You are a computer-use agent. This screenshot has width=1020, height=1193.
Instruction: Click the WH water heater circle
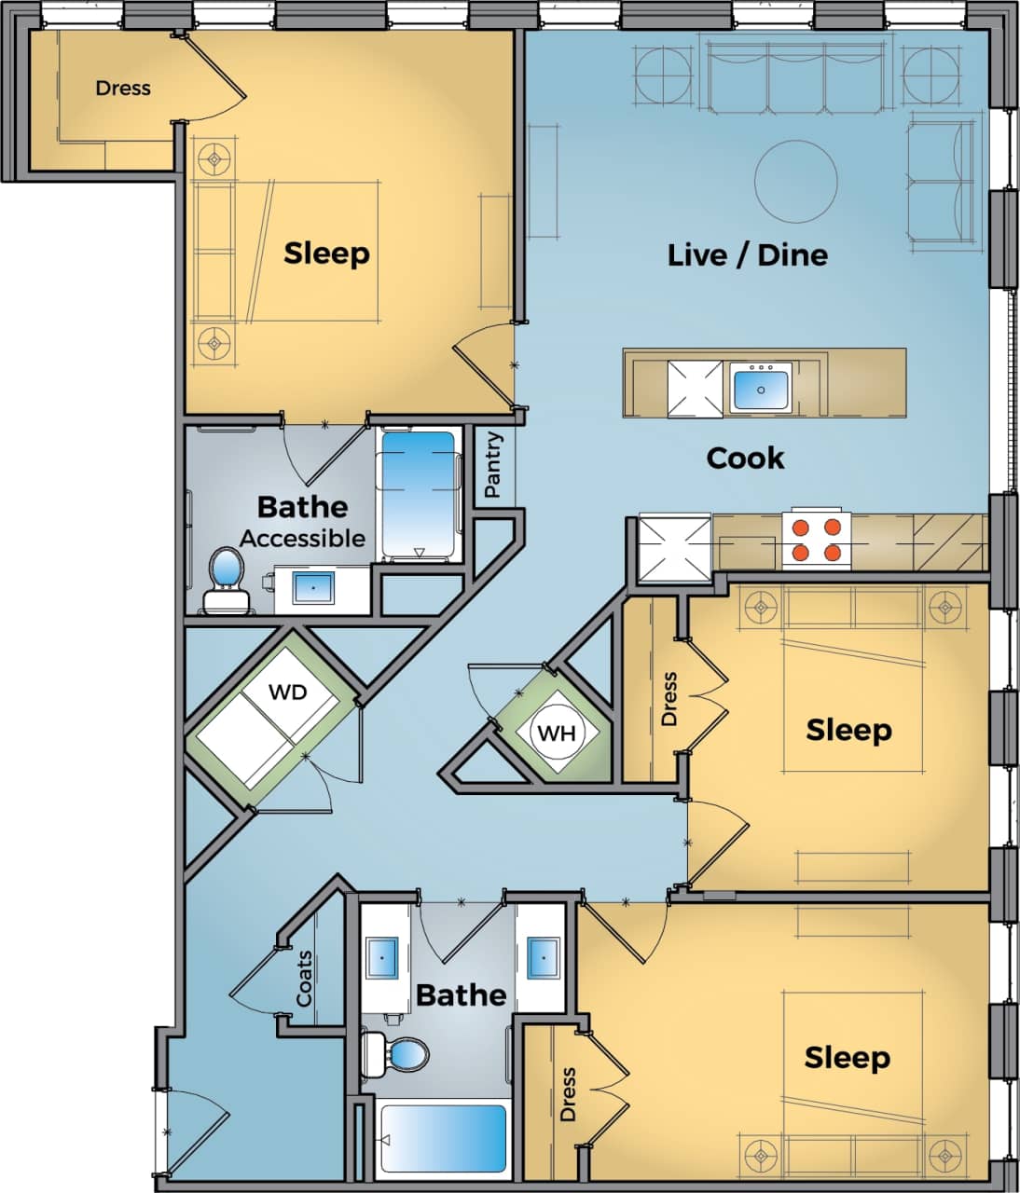point(557,733)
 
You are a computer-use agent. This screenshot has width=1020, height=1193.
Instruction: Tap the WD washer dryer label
point(287,692)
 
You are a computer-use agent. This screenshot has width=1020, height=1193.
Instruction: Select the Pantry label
point(493,465)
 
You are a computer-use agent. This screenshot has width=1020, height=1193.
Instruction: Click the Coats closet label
point(305,979)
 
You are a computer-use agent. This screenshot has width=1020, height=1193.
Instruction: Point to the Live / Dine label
point(747,254)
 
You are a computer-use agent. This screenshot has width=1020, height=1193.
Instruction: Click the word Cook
point(745,458)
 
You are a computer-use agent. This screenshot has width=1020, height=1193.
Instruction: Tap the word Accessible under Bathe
point(302,538)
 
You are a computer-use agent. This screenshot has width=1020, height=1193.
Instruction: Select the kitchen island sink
point(761,388)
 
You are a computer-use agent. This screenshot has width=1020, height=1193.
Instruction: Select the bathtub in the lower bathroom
point(444,1139)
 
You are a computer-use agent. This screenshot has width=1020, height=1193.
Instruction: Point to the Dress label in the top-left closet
point(122,89)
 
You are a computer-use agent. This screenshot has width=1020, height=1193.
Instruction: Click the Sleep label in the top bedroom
point(326,253)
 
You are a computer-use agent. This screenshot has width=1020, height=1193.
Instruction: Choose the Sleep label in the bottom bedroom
point(847,1057)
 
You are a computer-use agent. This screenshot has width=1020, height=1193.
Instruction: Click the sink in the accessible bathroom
point(313,589)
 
